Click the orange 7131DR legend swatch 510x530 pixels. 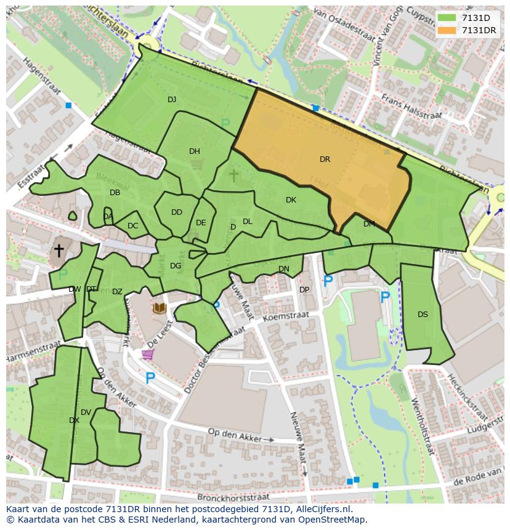pyautogui.click(x=447, y=30)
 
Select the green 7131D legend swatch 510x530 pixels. pyautogui.click(x=447, y=18)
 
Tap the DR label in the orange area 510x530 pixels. pyautogui.click(x=325, y=159)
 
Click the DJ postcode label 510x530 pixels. pyautogui.click(x=172, y=99)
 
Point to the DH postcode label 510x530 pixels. pyautogui.click(x=195, y=151)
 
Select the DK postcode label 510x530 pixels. pyautogui.click(x=291, y=200)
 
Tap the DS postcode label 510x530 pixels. pyautogui.click(x=423, y=315)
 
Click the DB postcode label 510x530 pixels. pyautogui.click(x=115, y=193)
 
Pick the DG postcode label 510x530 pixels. pyautogui.click(x=176, y=266)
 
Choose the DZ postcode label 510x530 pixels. pyautogui.click(x=117, y=292)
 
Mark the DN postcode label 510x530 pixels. pyautogui.click(x=283, y=269)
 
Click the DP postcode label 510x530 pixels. pyautogui.click(x=304, y=290)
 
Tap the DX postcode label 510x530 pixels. pyautogui.click(x=74, y=420)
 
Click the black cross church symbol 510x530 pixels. pyautogui.click(x=59, y=251)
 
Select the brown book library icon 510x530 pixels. pyautogui.click(x=160, y=307)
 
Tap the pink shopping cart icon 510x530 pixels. pyautogui.click(x=147, y=355)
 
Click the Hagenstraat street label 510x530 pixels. pyautogui.click(x=44, y=76)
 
